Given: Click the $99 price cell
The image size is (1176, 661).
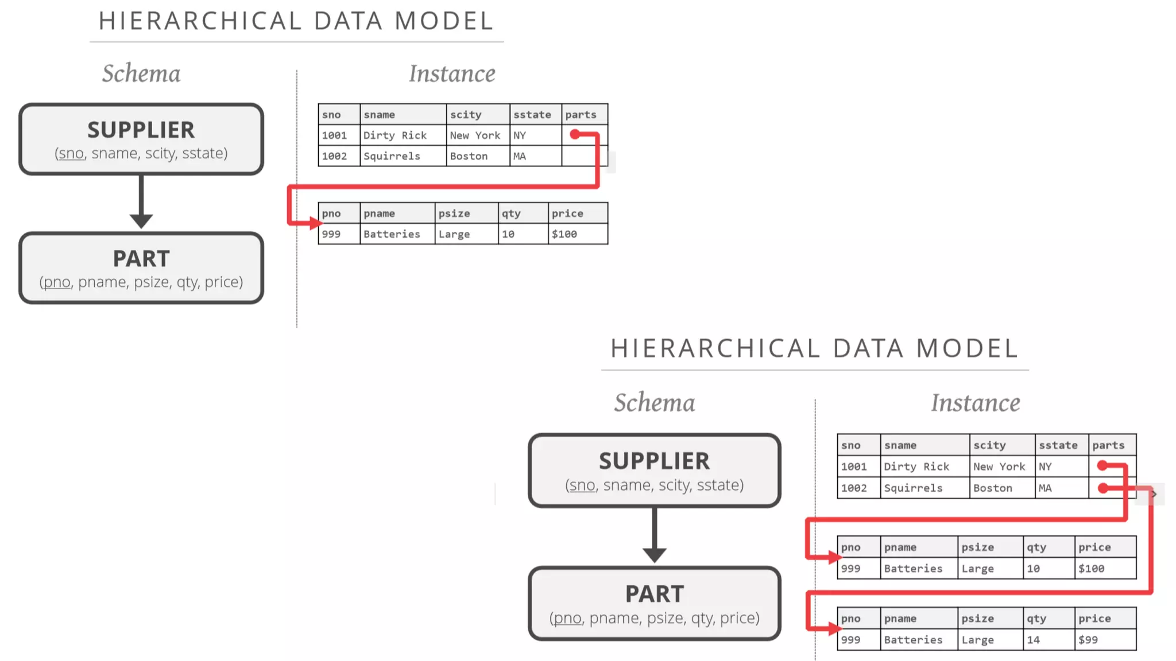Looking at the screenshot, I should pos(1105,640).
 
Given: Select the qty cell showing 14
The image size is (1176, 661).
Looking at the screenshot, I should pos(1049,640).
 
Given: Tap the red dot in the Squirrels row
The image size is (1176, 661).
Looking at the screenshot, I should pos(1102,488).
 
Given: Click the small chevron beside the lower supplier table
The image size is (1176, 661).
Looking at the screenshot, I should pos(1154,494).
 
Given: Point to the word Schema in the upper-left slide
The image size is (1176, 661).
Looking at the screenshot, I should pos(141,73).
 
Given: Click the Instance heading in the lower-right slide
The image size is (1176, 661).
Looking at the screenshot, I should pos(975,403).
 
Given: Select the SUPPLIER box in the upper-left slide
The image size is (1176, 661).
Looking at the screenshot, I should pos(141,139).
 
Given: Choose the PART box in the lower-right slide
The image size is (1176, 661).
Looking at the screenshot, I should pos(654,604).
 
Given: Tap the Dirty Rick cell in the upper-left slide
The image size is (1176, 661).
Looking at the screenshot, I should pos(402,135).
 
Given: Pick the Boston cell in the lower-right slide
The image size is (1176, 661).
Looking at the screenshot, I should pos(1001,488).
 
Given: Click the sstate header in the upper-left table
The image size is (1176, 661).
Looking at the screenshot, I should pos(535,115).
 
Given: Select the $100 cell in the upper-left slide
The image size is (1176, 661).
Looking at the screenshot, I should pos(577,234).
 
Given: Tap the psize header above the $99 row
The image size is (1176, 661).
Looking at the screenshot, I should pos(990,619).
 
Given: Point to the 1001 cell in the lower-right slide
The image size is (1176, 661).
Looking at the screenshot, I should pos(858,466).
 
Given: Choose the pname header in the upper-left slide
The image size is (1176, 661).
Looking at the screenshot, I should pos(396,213).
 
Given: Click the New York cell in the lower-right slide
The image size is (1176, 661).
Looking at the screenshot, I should pos(1001,466).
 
